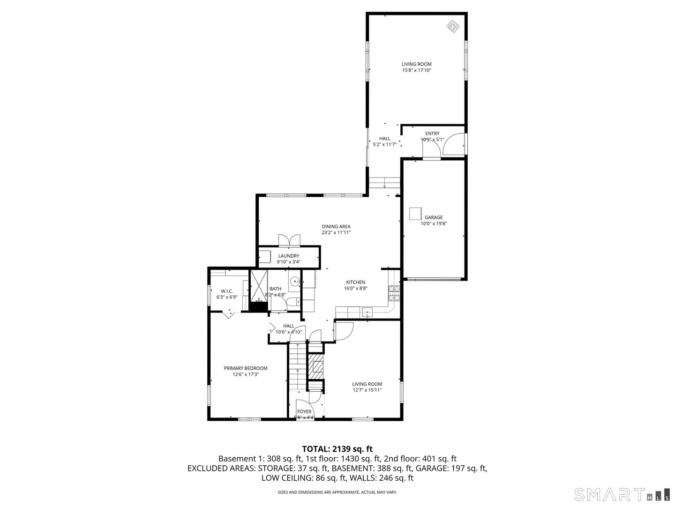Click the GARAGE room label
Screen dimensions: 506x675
pos(434,217)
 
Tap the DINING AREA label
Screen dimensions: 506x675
pos(336,226)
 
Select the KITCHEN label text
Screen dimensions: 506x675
pos(355,282)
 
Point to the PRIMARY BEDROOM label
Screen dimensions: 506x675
pos(245,368)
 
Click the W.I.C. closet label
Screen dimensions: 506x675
pos(227,291)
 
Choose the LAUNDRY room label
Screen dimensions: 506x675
pos(288,256)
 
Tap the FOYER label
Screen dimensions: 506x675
pos(304,411)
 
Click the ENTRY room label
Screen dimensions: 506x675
pos(432,134)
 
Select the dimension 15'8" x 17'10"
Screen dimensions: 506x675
pos(416,70)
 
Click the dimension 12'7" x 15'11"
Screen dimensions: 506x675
pos(367,390)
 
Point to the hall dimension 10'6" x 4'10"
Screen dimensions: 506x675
pos(288,332)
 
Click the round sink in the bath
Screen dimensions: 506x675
pos(295,282)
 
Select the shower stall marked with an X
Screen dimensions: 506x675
pos(258,286)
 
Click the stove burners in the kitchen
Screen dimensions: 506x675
pos(394,292)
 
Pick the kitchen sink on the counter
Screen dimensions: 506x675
pos(367,312)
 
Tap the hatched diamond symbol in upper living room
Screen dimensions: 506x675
pos(452,25)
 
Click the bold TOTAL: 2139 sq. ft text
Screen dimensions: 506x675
pos(337,449)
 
